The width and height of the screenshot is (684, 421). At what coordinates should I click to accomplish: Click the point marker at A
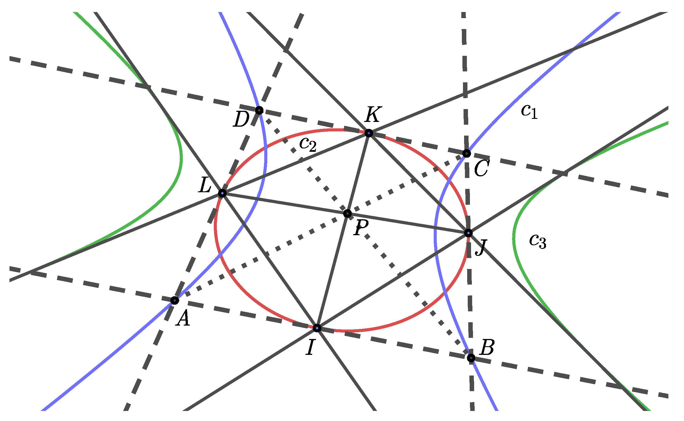point(174,300)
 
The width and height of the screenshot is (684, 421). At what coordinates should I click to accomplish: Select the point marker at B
point(471,358)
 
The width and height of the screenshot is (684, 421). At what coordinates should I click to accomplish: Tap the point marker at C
point(467,153)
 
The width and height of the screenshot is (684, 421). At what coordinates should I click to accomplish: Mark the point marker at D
point(259,110)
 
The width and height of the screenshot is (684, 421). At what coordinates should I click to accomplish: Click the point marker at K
point(369,133)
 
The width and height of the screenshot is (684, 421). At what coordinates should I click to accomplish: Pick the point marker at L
point(222,193)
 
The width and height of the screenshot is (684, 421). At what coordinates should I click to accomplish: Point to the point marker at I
point(317,328)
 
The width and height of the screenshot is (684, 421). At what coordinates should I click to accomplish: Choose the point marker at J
point(468,233)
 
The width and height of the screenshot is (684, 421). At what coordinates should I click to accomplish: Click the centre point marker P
point(347,214)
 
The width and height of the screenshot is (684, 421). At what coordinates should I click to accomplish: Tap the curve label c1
point(529,112)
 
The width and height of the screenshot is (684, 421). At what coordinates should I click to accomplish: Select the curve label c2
point(308,144)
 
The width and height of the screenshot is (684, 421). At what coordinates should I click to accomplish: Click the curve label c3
point(537,241)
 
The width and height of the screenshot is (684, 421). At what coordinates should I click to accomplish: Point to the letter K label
point(373,114)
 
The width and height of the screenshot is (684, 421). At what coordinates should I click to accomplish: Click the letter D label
point(241,119)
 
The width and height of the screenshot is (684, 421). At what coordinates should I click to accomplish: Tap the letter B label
point(487,348)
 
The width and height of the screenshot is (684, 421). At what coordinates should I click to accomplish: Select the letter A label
point(183,318)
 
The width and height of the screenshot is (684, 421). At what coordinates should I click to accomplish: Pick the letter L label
point(205,185)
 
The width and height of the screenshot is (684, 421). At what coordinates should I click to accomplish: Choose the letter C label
point(481,169)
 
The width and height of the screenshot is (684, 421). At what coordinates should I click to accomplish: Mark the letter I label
point(310,347)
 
